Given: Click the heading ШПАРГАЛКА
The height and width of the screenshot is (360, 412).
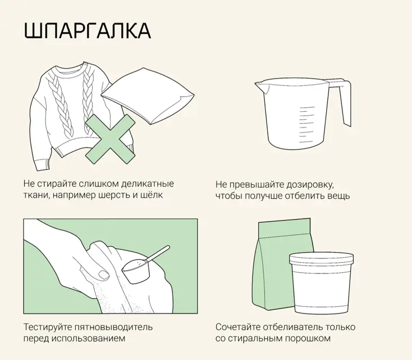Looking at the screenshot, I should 87,31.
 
